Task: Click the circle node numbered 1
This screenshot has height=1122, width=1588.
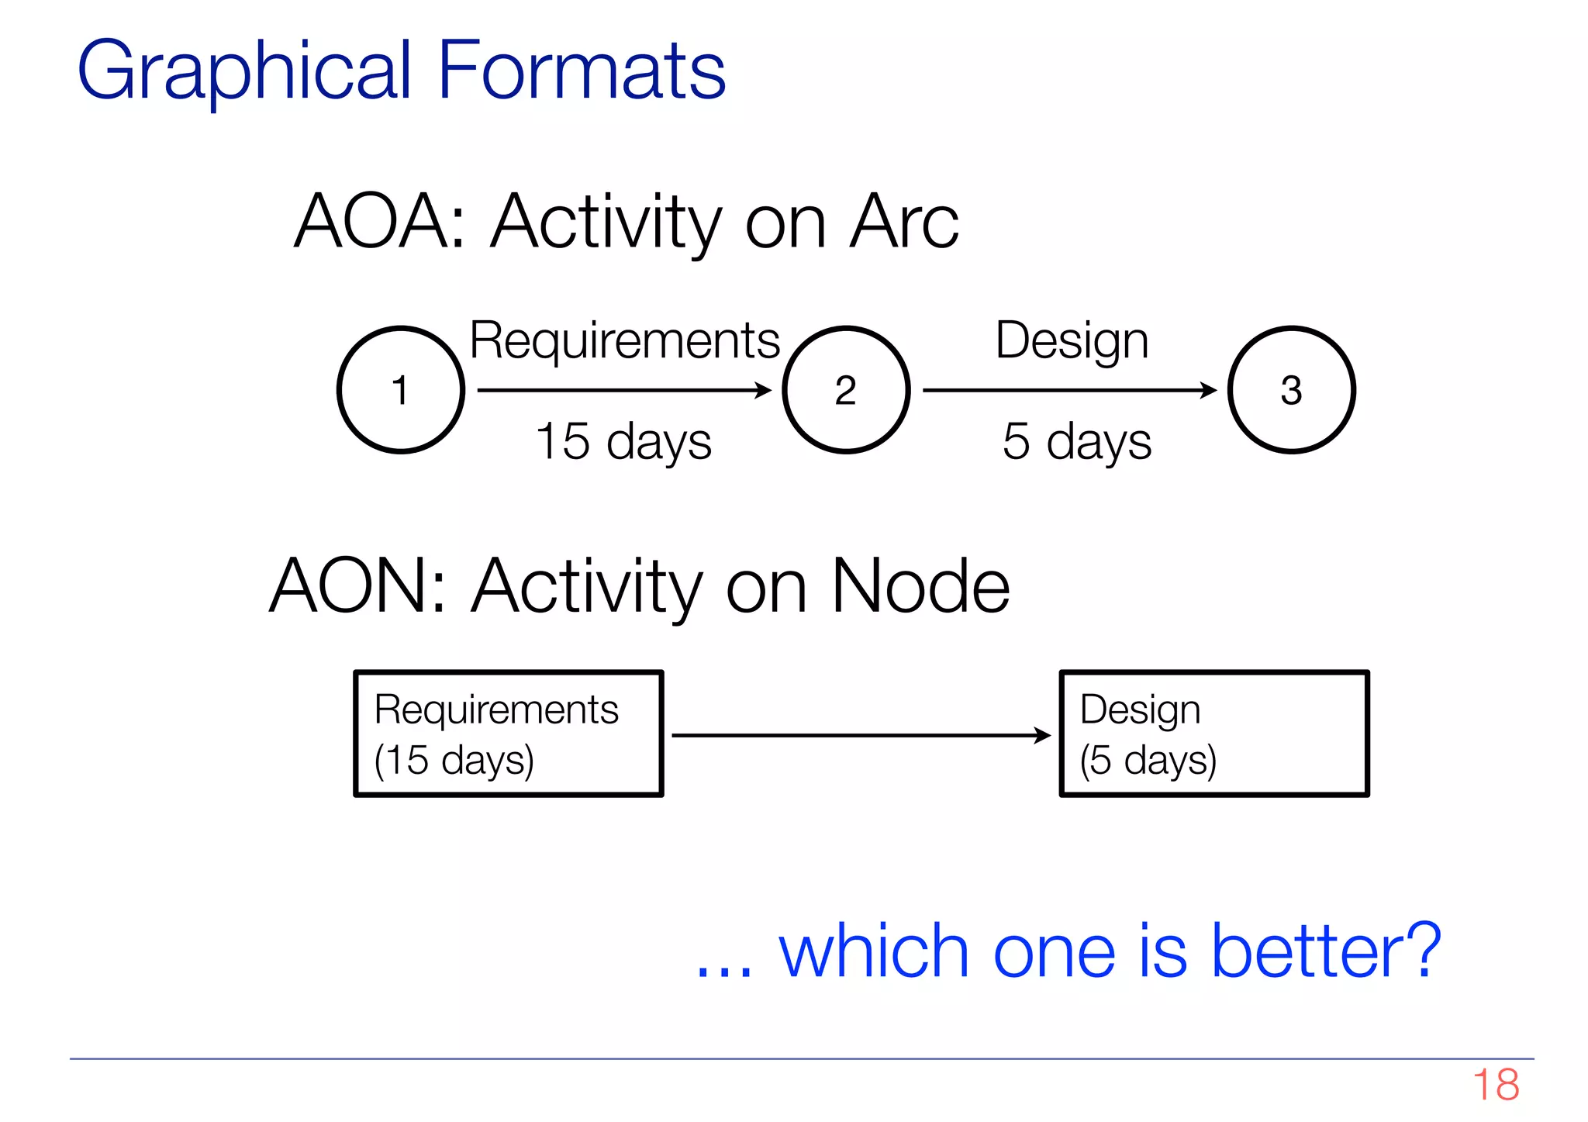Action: (400, 389)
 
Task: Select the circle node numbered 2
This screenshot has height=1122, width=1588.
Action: (845, 389)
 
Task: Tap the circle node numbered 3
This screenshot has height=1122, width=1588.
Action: (1291, 389)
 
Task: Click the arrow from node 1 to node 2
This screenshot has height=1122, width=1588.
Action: (624, 390)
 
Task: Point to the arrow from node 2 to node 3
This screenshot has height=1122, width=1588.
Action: (1069, 390)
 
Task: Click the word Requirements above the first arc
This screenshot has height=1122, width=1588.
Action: (624, 341)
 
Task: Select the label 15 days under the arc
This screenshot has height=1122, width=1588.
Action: (623, 442)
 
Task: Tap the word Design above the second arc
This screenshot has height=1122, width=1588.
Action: (1072, 341)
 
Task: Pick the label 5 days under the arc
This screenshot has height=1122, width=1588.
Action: (1076, 442)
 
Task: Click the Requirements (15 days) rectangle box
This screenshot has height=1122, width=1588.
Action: (509, 734)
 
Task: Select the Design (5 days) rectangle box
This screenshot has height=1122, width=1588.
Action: (1214, 734)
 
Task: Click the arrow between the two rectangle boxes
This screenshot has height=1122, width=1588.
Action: (861, 735)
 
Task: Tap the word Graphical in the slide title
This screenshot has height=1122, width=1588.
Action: (243, 72)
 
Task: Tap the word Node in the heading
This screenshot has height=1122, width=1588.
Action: (920, 587)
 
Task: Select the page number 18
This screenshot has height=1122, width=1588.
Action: (1496, 1085)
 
